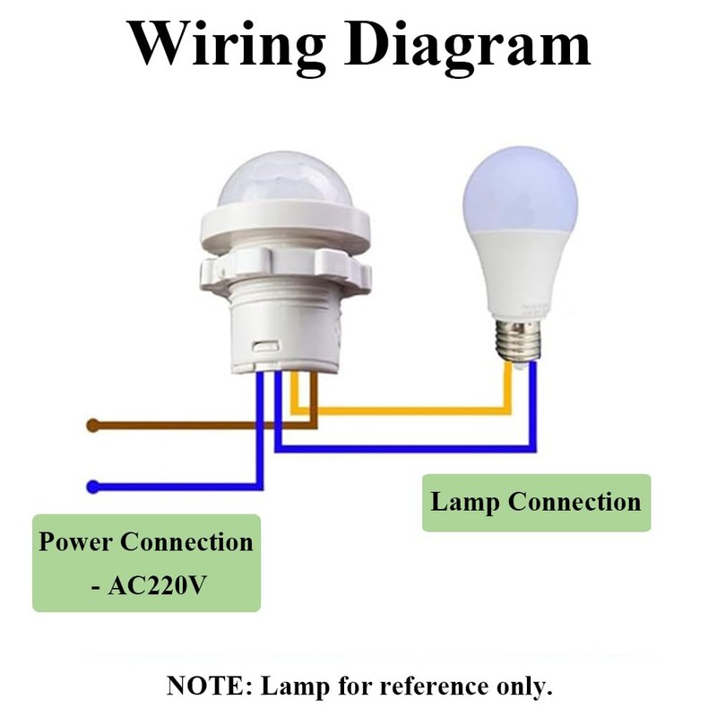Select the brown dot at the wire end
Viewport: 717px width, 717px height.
click(92, 426)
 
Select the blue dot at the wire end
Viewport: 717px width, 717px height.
click(92, 487)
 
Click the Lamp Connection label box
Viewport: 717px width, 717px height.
click(536, 503)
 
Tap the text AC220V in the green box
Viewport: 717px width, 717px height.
click(161, 586)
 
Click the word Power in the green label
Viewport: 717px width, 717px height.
click(75, 542)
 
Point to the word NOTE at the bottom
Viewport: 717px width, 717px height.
click(208, 687)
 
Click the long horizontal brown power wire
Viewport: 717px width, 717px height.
click(197, 426)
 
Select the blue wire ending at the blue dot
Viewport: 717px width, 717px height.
click(179, 487)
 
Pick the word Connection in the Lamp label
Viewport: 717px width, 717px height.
click(574, 501)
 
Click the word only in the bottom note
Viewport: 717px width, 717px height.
click(527, 687)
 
